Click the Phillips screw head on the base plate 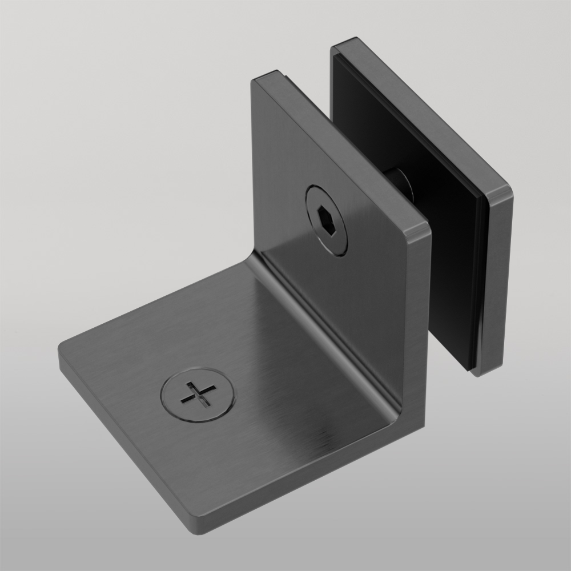click(x=198, y=394)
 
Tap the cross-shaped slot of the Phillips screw click(x=198, y=394)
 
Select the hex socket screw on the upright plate click(x=327, y=220)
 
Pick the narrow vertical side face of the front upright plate click(x=420, y=331)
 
